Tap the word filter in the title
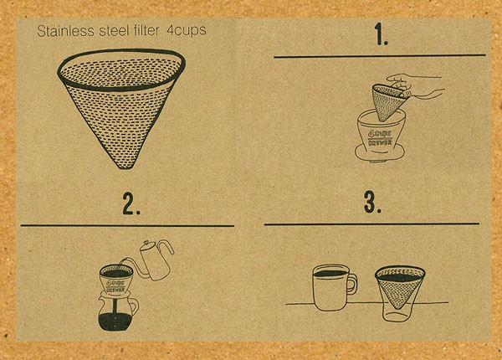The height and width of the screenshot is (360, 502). pyautogui.click(x=147, y=33)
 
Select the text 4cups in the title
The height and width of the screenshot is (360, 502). pyautogui.click(x=187, y=33)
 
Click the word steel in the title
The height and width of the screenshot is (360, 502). pyautogui.click(x=109, y=33)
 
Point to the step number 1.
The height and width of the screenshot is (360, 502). pyautogui.click(x=382, y=36)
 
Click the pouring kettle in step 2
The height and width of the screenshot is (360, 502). pyautogui.click(x=154, y=261)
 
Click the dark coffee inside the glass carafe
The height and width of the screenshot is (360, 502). pyautogui.click(x=117, y=321)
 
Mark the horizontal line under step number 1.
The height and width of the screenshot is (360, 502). pyautogui.click(x=381, y=56)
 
